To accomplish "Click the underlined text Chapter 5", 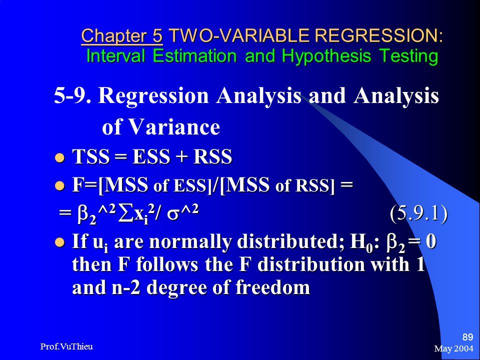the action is point(122,36).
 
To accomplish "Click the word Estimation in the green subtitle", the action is point(194,56).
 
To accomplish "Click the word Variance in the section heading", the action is point(174,126).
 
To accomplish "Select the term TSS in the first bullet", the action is point(90,156).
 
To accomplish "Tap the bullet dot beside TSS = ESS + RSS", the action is point(59,158).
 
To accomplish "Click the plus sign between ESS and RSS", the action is point(181,157).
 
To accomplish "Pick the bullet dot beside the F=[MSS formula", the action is point(59,185).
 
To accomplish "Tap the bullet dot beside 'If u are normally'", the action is point(59,242).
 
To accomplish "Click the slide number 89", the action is point(467,337).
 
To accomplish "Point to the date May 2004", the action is point(453,348).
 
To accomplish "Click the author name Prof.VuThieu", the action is point(66,346).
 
